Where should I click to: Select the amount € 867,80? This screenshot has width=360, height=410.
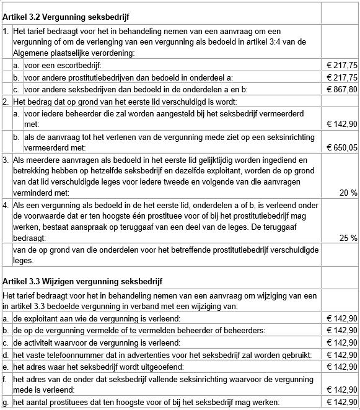tap(341, 89)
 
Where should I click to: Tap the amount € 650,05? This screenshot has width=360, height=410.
tap(341, 147)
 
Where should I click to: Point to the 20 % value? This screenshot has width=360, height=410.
tap(349, 193)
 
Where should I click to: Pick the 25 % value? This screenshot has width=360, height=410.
tap(349, 238)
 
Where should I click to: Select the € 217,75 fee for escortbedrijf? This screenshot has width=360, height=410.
tap(341, 65)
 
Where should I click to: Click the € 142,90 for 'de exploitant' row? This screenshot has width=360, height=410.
tap(341, 318)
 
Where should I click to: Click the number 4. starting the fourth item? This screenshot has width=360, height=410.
tap(6, 204)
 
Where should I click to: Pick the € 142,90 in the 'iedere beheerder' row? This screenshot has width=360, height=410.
tap(341, 124)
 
